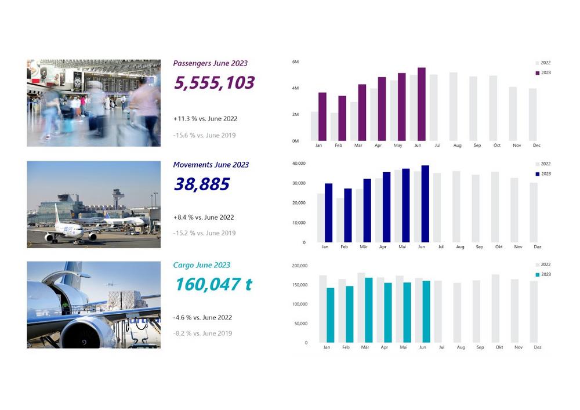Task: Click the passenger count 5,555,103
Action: pyautogui.click(x=214, y=83)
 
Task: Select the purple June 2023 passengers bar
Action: pyautogui.click(x=421, y=104)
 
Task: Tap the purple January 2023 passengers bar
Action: pyautogui.click(x=322, y=117)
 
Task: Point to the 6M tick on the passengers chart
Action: pyautogui.click(x=295, y=61)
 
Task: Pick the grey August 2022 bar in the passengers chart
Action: pyautogui.click(x=454, y=107)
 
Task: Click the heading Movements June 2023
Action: pyautogui.click(x=211, y=165)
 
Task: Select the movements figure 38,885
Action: pyautogui.click(x=202, y=185)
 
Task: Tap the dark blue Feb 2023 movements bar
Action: pyautogui.click(x=348, y=215)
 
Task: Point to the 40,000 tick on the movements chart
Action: pyautogui.click(x=299, y=164)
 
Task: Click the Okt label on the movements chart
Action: pyautogui.click(x=499, y=247)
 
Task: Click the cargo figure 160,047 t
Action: pyautogui.click(x=213, y=284)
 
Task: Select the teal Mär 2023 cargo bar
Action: pyautogui.click(x=369, y=310)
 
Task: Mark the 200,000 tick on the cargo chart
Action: pyautogui.click(x=299, y=266)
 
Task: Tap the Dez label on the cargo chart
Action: pyautogui.click(x=538, y=347)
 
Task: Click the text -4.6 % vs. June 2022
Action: pyautogui.click(x=202, y=318)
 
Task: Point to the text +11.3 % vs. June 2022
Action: pyautogui.click(x=205, y=119)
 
